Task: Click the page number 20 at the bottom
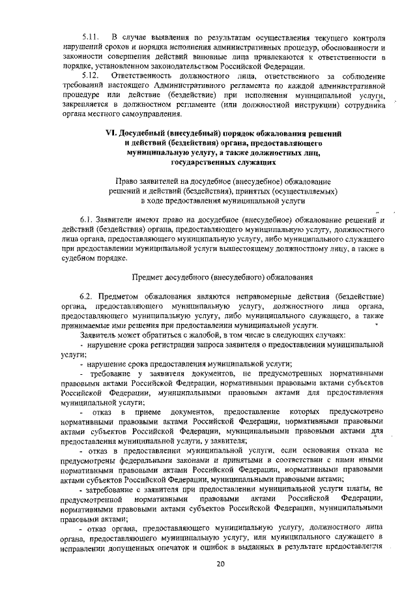220,565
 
